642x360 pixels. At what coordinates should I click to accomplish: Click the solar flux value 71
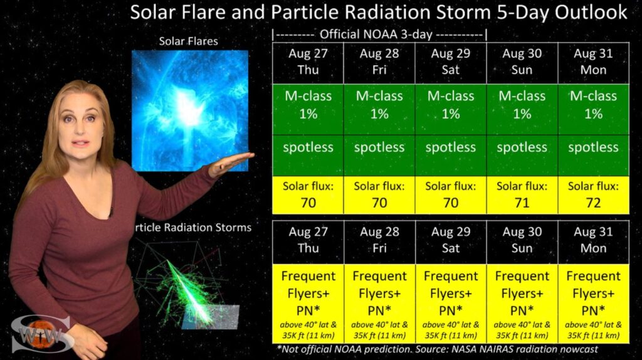(522, 203)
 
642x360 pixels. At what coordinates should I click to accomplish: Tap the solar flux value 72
(593, 203)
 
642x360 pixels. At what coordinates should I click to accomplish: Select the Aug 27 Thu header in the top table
(308, 61)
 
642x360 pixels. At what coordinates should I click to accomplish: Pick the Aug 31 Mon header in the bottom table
(593, 240)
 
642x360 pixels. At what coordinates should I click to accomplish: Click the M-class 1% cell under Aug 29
(451, 109)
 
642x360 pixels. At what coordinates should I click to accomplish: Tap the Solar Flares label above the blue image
(188, 41)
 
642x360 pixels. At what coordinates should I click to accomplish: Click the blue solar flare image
(190, 110)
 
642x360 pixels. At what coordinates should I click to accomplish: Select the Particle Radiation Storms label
(192, 227)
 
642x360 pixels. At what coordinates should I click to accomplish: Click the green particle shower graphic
(184, 287)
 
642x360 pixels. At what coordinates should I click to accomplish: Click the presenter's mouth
(80, 144)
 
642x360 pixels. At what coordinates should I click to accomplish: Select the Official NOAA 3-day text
(376, 34)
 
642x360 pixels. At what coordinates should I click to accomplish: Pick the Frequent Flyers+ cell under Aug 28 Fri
(379, 304)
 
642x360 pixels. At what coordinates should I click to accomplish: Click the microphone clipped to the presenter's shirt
(110, 211)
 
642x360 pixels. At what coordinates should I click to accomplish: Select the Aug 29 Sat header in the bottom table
(451, 240)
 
